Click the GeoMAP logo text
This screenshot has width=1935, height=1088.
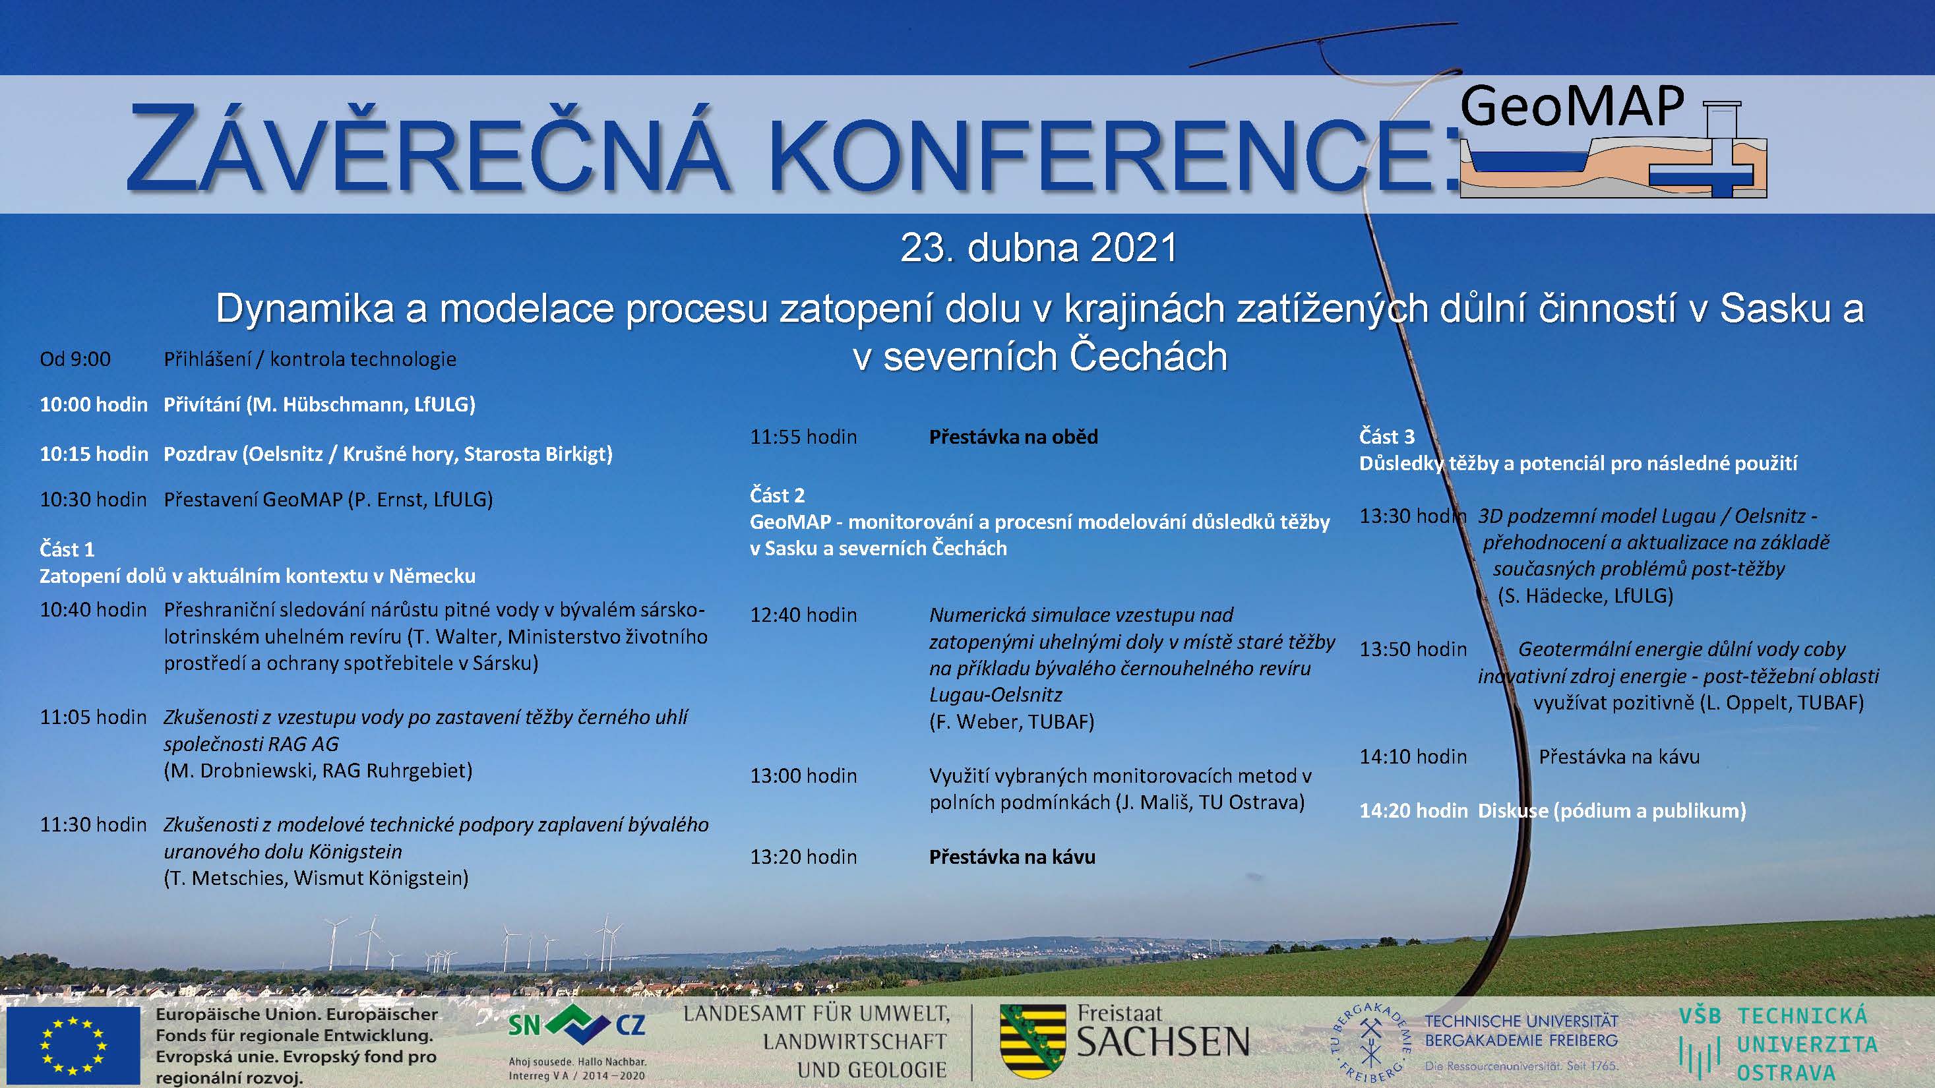click(1572, 107)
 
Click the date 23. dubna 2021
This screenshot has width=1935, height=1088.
click(1039, 248)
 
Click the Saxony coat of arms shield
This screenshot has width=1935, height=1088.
click(1032, 1041)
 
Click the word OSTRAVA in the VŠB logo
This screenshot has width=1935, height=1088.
click(1785, 1072)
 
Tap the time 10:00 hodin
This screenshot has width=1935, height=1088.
click(94, 405)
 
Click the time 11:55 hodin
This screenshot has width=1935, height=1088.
click(803, 437)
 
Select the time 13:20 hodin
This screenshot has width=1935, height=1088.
click(803, 857)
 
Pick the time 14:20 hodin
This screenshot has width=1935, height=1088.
click(1413, 811)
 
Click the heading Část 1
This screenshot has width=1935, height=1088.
click(67, 550)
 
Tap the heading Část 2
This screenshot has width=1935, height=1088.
click(777, 496)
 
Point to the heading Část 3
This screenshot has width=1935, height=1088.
click(1387, 437)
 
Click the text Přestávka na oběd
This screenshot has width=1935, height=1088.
click(1013, 437)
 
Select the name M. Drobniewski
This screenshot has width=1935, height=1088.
click(238, 771)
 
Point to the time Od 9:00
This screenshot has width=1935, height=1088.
click(75, 359)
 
